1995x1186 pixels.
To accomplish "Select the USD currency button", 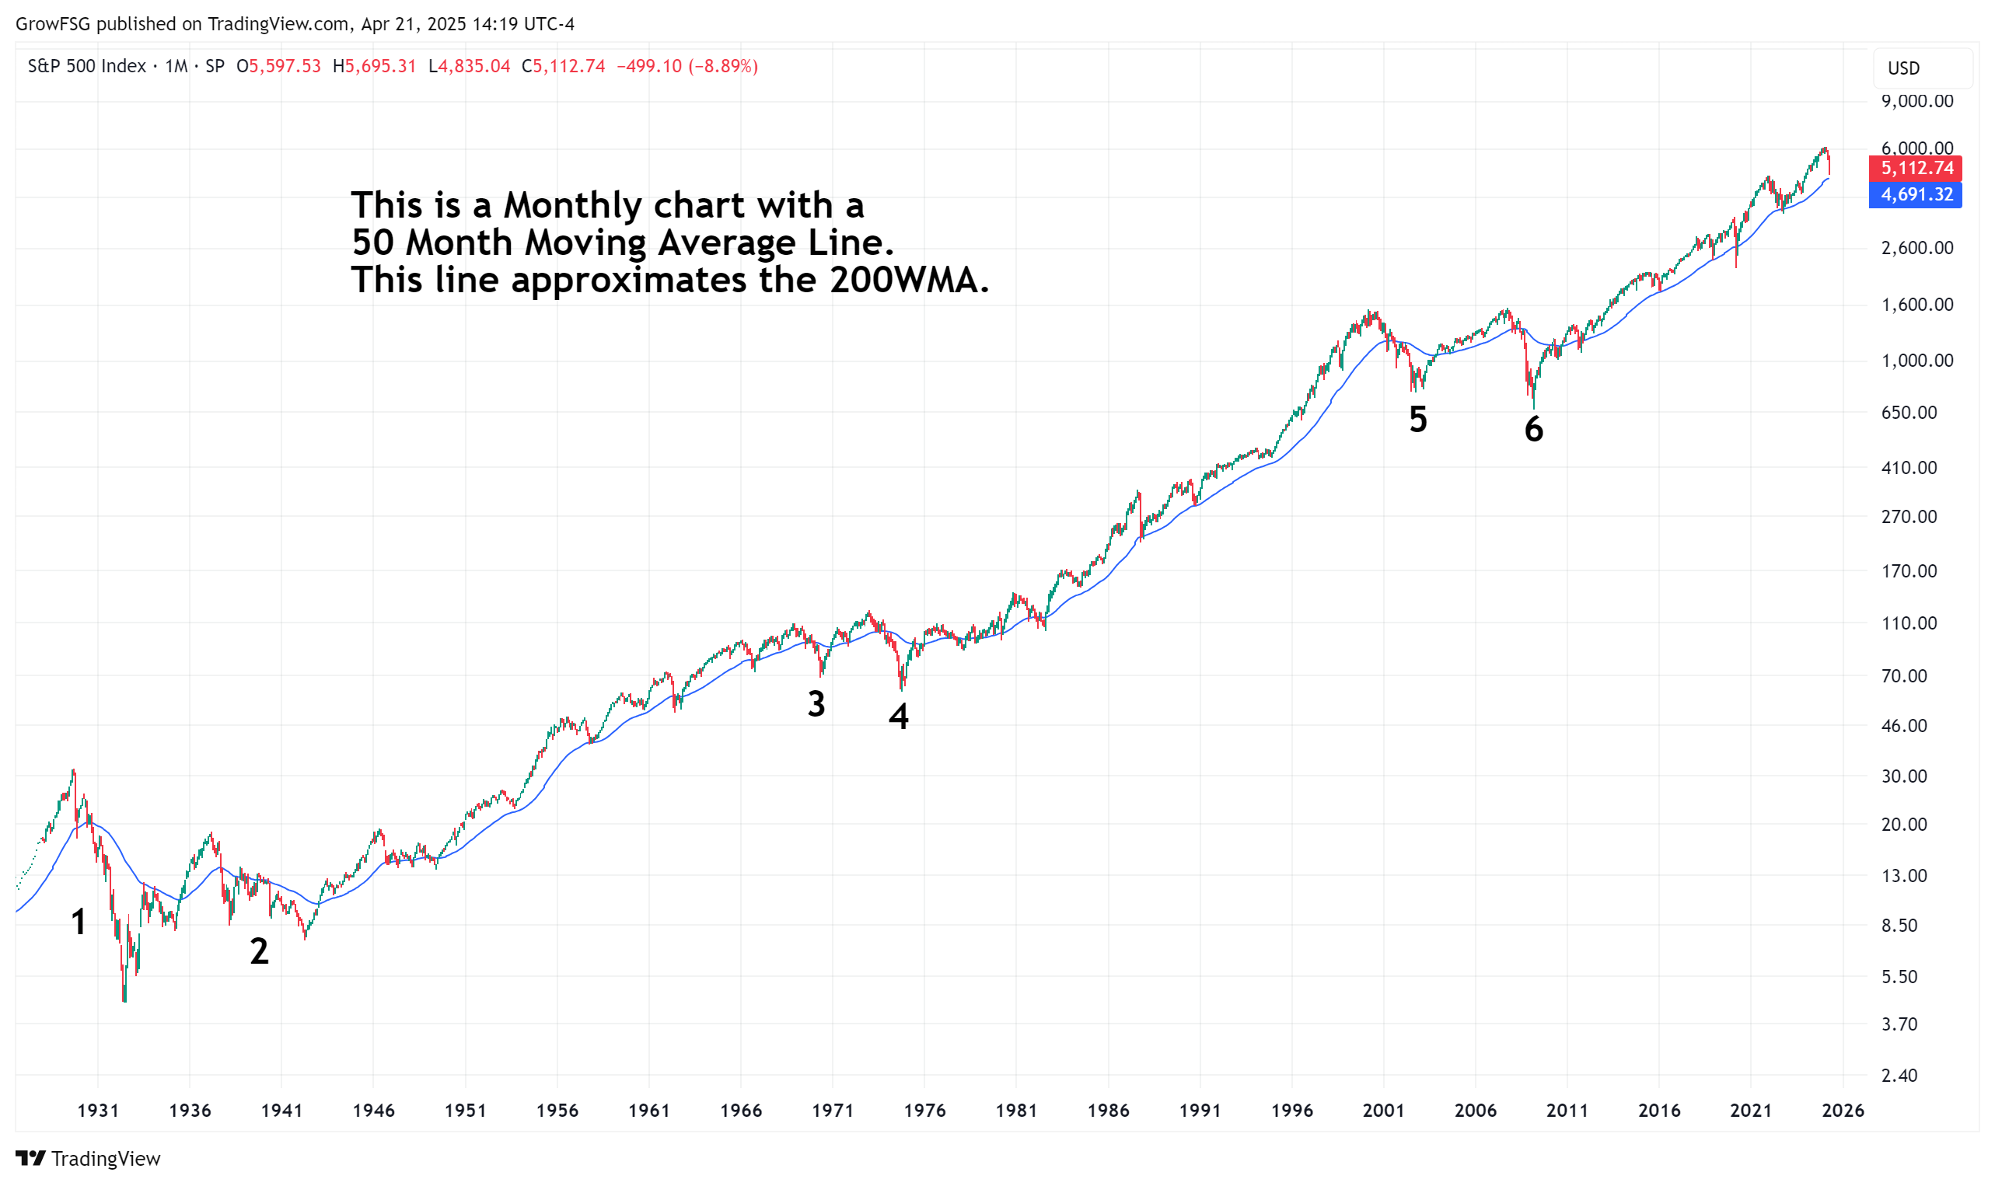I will [1903, 68].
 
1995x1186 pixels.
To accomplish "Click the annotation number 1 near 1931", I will [79, 923].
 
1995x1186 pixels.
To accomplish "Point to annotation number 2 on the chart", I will [259, 951].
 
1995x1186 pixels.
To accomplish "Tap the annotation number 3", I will [816, 704].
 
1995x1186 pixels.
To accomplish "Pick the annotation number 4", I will [899, 716].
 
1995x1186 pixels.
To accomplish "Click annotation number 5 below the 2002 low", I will [1417, 420].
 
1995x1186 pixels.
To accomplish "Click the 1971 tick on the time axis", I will [832, 1110].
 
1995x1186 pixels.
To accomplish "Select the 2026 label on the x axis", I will [1843, 1110].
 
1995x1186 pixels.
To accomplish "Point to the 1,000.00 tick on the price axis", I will [1916, 361].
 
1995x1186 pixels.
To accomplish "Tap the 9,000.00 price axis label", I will [1916, 102].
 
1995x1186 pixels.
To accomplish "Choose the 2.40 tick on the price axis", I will [1899, 1076].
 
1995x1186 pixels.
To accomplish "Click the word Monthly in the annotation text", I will [572, 206].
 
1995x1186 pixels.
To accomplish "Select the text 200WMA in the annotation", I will [909, 281].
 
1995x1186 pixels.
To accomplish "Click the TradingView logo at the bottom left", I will [88, 1159].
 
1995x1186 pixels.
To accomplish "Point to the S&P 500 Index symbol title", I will [86, 66].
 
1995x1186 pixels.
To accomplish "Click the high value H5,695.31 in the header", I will [374, 66].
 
